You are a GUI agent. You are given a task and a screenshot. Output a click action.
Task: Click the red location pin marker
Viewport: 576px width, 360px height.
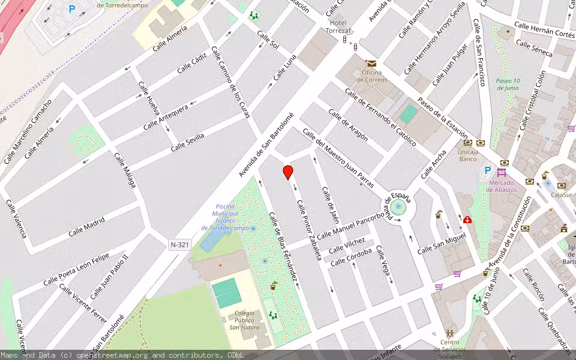[x=288, y=172]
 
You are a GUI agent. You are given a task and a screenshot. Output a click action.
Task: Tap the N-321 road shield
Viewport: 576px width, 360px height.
[x=179, y=244]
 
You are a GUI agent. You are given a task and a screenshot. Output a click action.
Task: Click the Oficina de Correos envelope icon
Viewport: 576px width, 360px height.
[x=372, y=63]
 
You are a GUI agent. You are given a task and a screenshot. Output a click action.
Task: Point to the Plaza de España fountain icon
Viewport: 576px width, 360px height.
[x=398, y=206]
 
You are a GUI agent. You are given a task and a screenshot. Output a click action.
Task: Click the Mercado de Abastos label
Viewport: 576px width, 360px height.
[x=502, y=186]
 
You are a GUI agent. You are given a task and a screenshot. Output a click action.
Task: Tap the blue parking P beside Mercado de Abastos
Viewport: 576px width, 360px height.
[x=488, y=170]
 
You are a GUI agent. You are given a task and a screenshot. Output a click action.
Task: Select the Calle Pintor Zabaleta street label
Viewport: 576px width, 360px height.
[x=310, y=229]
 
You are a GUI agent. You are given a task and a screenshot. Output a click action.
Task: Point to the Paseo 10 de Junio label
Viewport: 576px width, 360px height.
[x=508, y=85]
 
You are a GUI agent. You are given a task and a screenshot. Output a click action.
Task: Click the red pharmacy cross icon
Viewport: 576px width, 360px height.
[x=467, y=220]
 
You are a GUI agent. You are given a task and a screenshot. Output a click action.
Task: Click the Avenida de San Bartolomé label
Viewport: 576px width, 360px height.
[x=266, y=145]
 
